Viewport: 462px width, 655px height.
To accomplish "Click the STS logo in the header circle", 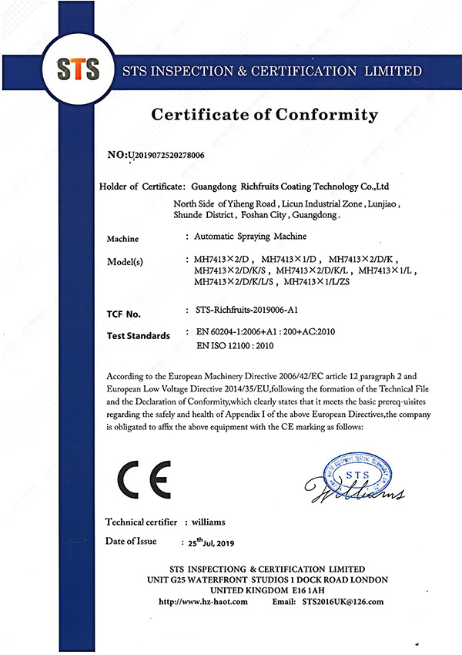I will (x=79, y=69).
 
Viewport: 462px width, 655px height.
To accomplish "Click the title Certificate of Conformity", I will (x=265, y=116).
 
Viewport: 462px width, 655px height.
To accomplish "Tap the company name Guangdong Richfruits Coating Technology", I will (x=292, y=186).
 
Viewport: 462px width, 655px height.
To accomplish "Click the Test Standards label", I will (x=138, y=335).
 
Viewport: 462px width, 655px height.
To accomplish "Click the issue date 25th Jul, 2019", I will (x=205, y=542).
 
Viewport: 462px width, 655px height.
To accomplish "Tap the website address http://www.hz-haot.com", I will (x=203, y=601).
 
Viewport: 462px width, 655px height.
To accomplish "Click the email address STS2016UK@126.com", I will (x=343, y=601).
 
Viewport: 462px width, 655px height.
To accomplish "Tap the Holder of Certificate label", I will (x=142, y=186).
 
